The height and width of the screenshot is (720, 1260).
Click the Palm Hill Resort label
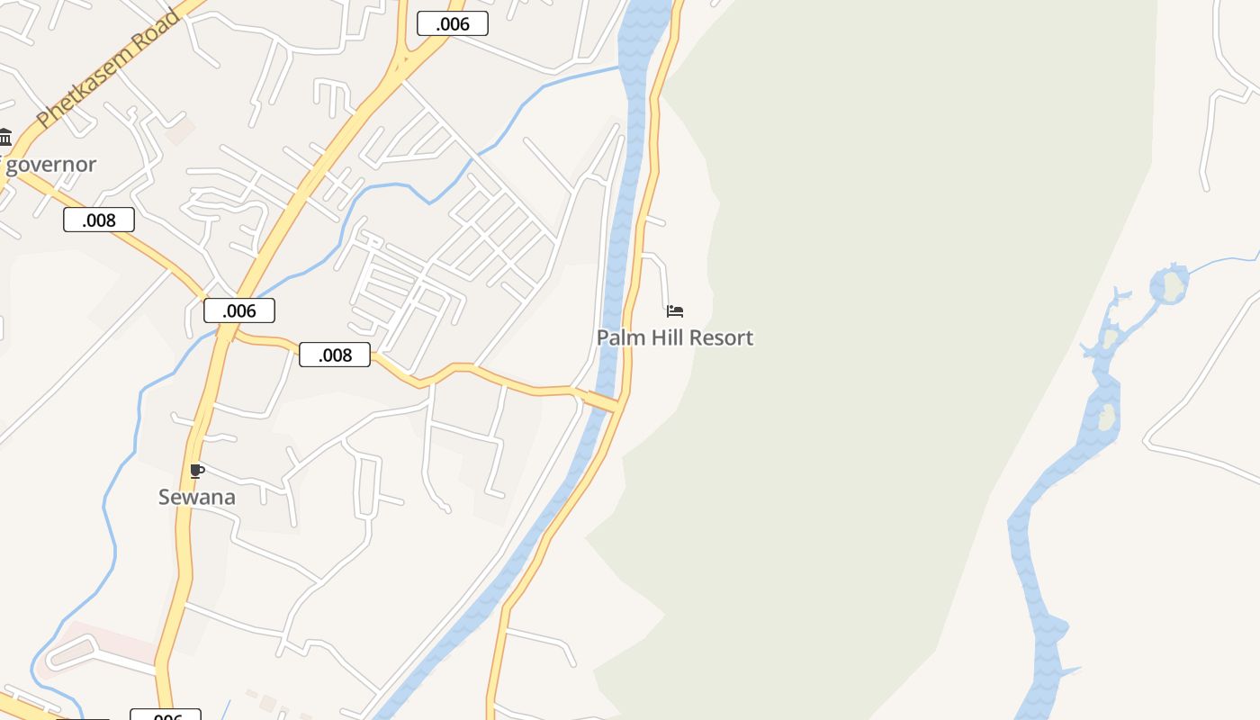tap(675, 338)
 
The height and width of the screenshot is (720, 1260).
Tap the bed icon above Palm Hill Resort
tap(675, 311)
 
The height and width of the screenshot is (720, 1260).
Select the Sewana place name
tap(197, 497)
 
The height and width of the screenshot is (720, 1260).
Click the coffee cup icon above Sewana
tap(197, 471)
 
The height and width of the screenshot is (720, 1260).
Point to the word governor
tap(50, 165)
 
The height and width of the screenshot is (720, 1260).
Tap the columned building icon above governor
tap(5, 138)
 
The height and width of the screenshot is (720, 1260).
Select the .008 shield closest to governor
tap(99, 220)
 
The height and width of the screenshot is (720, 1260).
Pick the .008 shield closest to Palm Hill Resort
tap(335, 355)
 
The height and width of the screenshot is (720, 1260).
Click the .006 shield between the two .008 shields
tap(239, 310)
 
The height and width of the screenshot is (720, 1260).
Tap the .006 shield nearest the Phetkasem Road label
tap(453, 24)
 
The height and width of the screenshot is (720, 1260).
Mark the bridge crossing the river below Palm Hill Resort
tap(605, 400)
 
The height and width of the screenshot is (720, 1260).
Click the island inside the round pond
tap(1171, 286)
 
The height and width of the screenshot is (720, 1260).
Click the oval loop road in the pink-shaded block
tap(72, 650)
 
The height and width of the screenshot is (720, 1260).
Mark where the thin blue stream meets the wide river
tap(619, 67)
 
